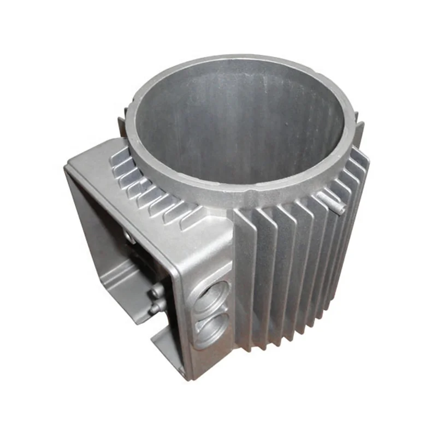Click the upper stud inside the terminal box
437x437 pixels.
155,290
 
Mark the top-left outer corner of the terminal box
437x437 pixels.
68,164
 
